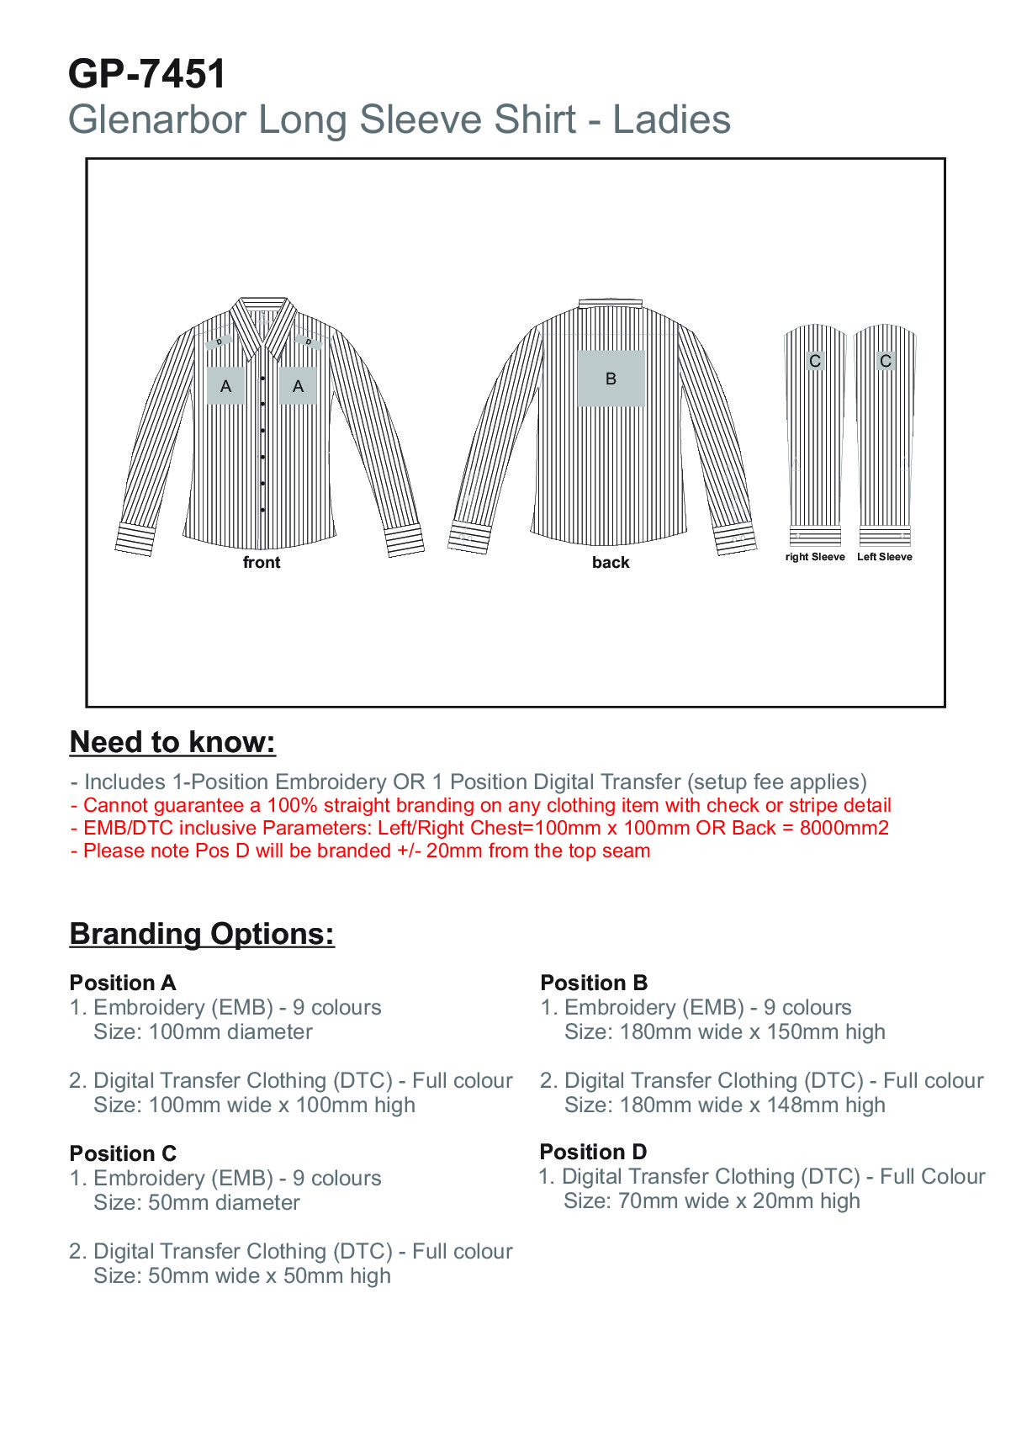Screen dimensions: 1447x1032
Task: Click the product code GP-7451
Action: click(x=147, y=74)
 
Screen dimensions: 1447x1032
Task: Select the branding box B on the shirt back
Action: click(x=611, y=379)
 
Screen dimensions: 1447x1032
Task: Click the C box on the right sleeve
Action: click(x=814, y=361)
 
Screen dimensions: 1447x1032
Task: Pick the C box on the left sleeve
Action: click(x=885, y=361)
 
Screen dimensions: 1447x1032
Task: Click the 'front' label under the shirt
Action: click(x=262, y=562)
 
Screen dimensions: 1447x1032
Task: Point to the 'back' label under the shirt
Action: click(x=611, y=562)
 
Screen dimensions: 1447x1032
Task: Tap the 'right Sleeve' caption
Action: click(x=815, y=557)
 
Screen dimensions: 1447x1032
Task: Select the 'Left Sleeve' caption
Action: click(x=884, y=557)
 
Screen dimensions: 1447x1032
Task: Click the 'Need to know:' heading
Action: click(x=172, y=742)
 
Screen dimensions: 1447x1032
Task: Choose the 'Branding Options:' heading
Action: click(x=202, y=934)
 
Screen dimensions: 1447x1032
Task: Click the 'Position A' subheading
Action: click(x=123, y=983)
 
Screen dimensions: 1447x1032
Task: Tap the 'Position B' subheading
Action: click(x=594, y=983)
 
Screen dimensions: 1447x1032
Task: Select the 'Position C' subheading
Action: click(x=123, y=1153)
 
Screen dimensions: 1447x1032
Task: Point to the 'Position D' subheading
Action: click(x=593, y=1152)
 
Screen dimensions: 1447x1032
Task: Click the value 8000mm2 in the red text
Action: click(x=844, y=828)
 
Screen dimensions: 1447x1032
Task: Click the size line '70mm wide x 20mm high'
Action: click(x=738, y=1201)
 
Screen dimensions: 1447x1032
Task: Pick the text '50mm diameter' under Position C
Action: click(x=224, y=1202)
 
